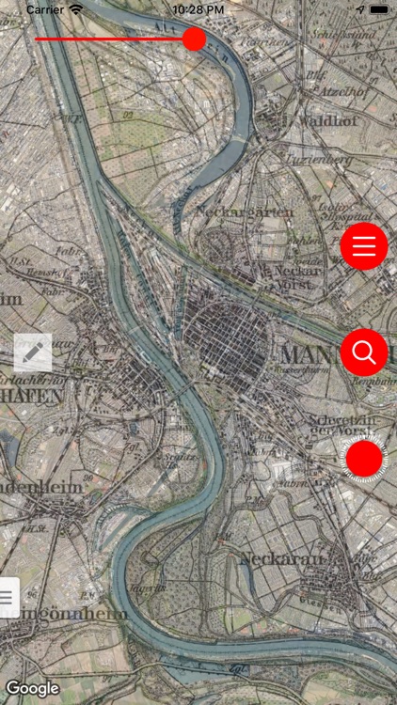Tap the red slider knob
click(194, 39)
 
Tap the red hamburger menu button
click(364, 246)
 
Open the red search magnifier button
click(364, 352)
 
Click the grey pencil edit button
click(33, 352)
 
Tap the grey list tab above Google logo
click(8, 596)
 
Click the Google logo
click(33, 688)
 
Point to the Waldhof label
click(323, 120)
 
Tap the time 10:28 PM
click(198, 9)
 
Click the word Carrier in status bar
click(45, 9)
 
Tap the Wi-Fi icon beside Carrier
click(76, 9)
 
